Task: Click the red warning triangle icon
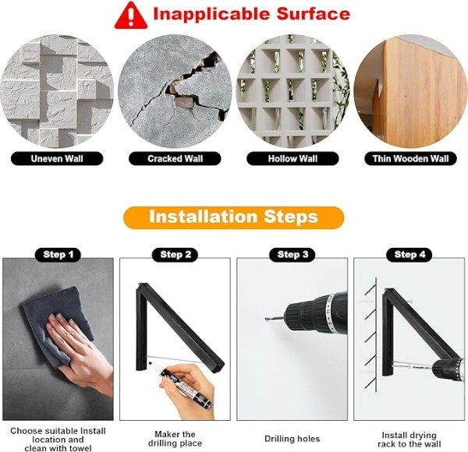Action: (131, 16)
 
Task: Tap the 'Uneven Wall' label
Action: (57, 159)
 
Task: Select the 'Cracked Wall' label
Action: (175, 159)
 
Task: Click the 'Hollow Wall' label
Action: (292, 159)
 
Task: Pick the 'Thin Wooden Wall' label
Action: (410, 159)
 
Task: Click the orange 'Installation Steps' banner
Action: (233, 217)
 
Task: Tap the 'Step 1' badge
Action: (58, 255)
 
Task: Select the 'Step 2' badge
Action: (175, 255)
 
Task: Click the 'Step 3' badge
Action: (292, 255)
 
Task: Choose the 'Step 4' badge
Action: (409, 255)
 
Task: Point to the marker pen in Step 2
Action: (180, 384)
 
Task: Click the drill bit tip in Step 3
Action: (266, 320)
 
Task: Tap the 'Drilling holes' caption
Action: (292, 439)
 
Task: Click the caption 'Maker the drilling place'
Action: (175, 439)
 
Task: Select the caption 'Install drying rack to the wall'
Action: (409, 440)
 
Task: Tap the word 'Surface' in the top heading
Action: (313, 14)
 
